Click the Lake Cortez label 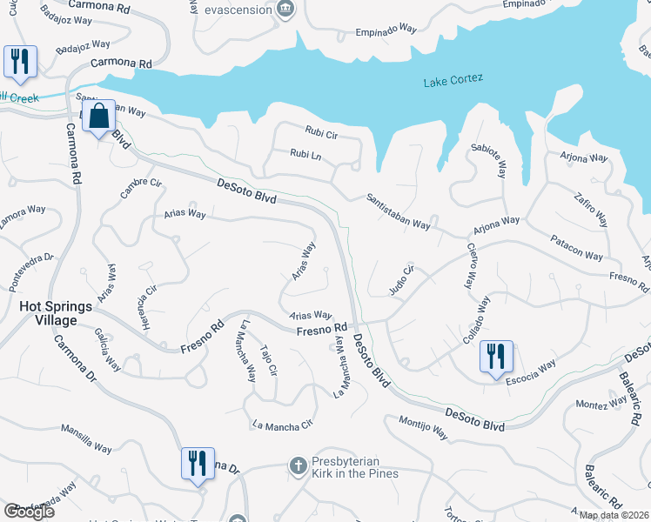tap(453, 81)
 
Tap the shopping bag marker tap(99, 117)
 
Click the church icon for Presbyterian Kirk tap(298, 466)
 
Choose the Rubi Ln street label tap(305, 154)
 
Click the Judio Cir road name tap(399, 280)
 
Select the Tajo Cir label tap(269, 360)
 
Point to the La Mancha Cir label tap(281, 425)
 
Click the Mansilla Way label tap(86, 438)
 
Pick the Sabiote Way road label tap(488, 160)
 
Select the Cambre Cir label tap(141, 188)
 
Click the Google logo tap(30, 512)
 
